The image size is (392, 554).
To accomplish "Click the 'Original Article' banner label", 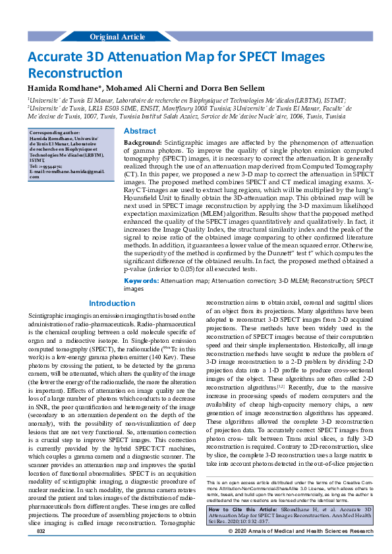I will [117, 36].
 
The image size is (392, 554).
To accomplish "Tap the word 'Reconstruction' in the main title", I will [74, 73].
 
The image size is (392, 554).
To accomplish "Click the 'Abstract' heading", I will [140, 132].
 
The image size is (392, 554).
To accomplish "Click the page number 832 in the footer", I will [41, 549].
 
